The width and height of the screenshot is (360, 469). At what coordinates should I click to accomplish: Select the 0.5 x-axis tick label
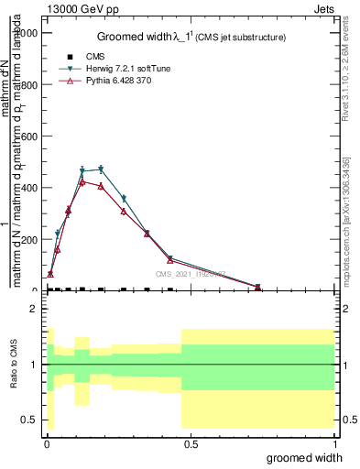(190, 443)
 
